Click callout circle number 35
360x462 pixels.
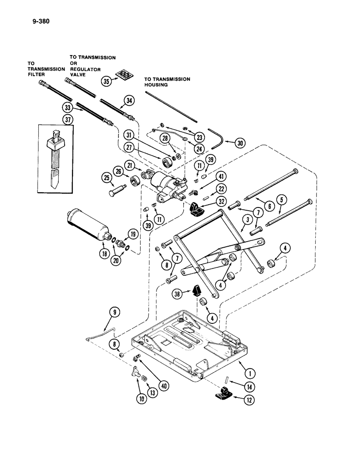coord(107,81)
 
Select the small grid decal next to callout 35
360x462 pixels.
coord(122,75)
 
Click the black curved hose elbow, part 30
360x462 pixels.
coord(217,139)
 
